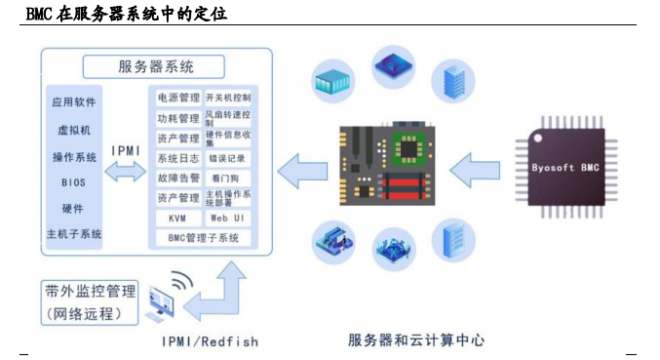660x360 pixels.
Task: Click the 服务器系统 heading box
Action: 155,67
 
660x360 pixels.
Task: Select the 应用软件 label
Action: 75,101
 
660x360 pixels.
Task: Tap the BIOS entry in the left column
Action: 74,182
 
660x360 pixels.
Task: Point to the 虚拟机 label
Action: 74,129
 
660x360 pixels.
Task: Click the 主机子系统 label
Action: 74,235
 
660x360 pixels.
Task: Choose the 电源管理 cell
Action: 177,99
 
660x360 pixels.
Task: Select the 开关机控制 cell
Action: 227,99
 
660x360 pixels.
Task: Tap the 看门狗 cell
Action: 227,179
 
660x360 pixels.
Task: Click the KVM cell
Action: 177,218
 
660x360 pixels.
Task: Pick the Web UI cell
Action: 227,218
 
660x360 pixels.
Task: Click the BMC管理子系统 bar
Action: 203,237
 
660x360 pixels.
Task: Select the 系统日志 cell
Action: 177,158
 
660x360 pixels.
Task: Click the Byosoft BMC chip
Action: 565,167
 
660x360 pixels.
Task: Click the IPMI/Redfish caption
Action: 210,341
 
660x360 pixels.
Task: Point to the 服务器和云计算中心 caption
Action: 416,340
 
